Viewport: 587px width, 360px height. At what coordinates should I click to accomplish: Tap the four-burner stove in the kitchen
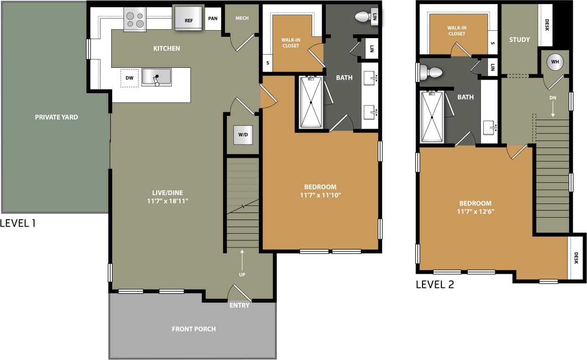click(135, 20)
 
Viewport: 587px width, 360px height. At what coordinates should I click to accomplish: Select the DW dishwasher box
click(129, 78)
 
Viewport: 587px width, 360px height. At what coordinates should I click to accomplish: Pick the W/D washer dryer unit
click(243, 135)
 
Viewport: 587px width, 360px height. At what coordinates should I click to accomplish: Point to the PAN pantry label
click(213, 19)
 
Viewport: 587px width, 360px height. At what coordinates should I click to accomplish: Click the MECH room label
click(242, 18)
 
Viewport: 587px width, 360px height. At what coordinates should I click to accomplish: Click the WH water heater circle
click(555, 62)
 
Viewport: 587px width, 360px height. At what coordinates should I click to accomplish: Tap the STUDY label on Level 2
click(519, 40)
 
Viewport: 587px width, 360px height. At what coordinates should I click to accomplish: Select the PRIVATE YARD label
click(56, 117)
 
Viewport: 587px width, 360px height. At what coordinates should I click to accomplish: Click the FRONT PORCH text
click(194, 329)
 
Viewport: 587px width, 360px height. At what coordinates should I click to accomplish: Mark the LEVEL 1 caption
click(18, 223)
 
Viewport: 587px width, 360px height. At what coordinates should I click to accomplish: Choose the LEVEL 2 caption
click(435, 284)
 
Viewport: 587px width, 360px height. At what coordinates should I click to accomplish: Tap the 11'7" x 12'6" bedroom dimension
click(475, 212)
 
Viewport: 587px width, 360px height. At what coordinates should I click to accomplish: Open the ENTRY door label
click(240, 305)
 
